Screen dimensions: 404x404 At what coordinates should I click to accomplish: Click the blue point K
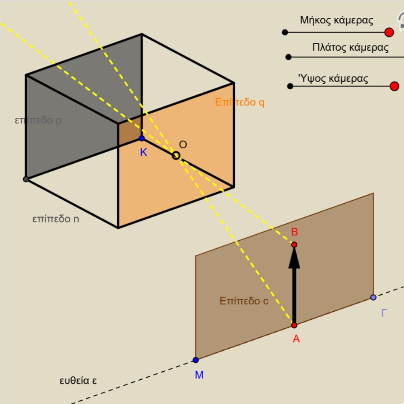tap(142, 138)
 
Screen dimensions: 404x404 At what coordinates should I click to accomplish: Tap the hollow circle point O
tap(176, 156)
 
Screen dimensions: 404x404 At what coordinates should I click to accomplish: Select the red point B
tap(294, 245)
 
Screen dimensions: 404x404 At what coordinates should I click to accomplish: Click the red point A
tap(294, 325)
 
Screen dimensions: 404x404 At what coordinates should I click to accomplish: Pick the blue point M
tap(196, 360)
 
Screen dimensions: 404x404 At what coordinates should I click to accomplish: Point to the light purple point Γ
tap(373, 297)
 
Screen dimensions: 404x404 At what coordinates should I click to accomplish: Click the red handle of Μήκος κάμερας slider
tap(389, 32)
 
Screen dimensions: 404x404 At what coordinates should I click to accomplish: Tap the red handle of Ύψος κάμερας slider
tap(395, 86)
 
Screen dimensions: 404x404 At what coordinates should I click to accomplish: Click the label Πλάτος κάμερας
tap(350, 48)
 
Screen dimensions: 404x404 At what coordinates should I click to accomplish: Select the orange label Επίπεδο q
tap(239, 102)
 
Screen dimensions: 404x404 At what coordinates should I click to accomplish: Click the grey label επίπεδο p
tap(38, 120)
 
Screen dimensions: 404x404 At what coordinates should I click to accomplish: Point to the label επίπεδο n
tap(56, 219)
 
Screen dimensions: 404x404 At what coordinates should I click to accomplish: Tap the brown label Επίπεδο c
tap(244, 301)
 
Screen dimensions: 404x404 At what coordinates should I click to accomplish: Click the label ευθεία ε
tap(78, 381)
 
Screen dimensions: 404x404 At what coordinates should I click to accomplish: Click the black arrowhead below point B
tap(294, 258)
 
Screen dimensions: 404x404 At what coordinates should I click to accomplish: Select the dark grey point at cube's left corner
tap(26, 179)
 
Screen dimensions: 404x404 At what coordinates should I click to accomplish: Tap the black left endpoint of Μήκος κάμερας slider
tap(285, 32)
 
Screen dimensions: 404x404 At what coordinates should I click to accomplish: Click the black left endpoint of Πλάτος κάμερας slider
tap(289, 57)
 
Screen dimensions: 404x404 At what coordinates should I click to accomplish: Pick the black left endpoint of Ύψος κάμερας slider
tap(290, 86)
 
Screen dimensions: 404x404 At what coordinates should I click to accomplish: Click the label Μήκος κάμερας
tap(336, 20)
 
